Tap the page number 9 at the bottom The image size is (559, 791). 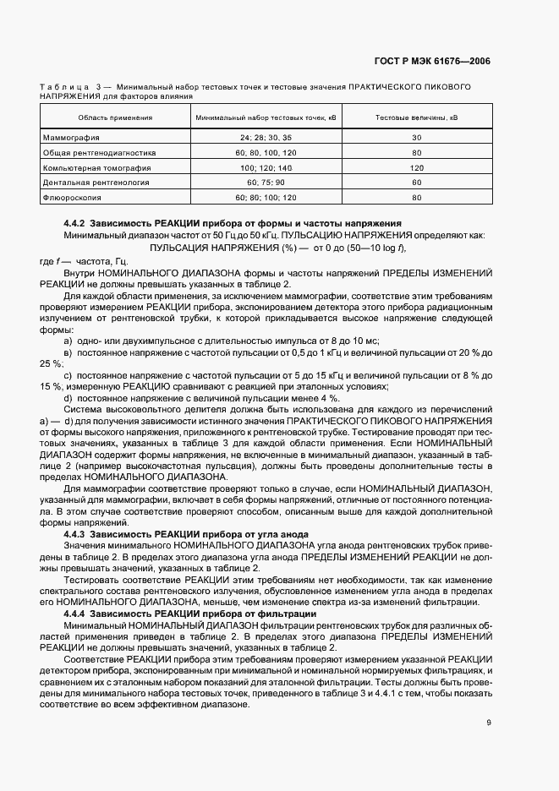(x=489, y=722)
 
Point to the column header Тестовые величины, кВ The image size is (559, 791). (x=416, y=117)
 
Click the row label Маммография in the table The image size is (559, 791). (x=71, y=137)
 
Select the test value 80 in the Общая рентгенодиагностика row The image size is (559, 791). (x=416, y=152)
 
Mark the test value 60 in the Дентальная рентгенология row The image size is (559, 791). (x=416, y=183)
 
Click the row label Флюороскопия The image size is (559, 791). (x=72, y=198)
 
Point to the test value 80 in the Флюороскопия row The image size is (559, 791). (x=416, y=198)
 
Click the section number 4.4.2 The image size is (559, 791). (x=76, y=223)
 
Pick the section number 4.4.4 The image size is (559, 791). (x=76, y=613)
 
